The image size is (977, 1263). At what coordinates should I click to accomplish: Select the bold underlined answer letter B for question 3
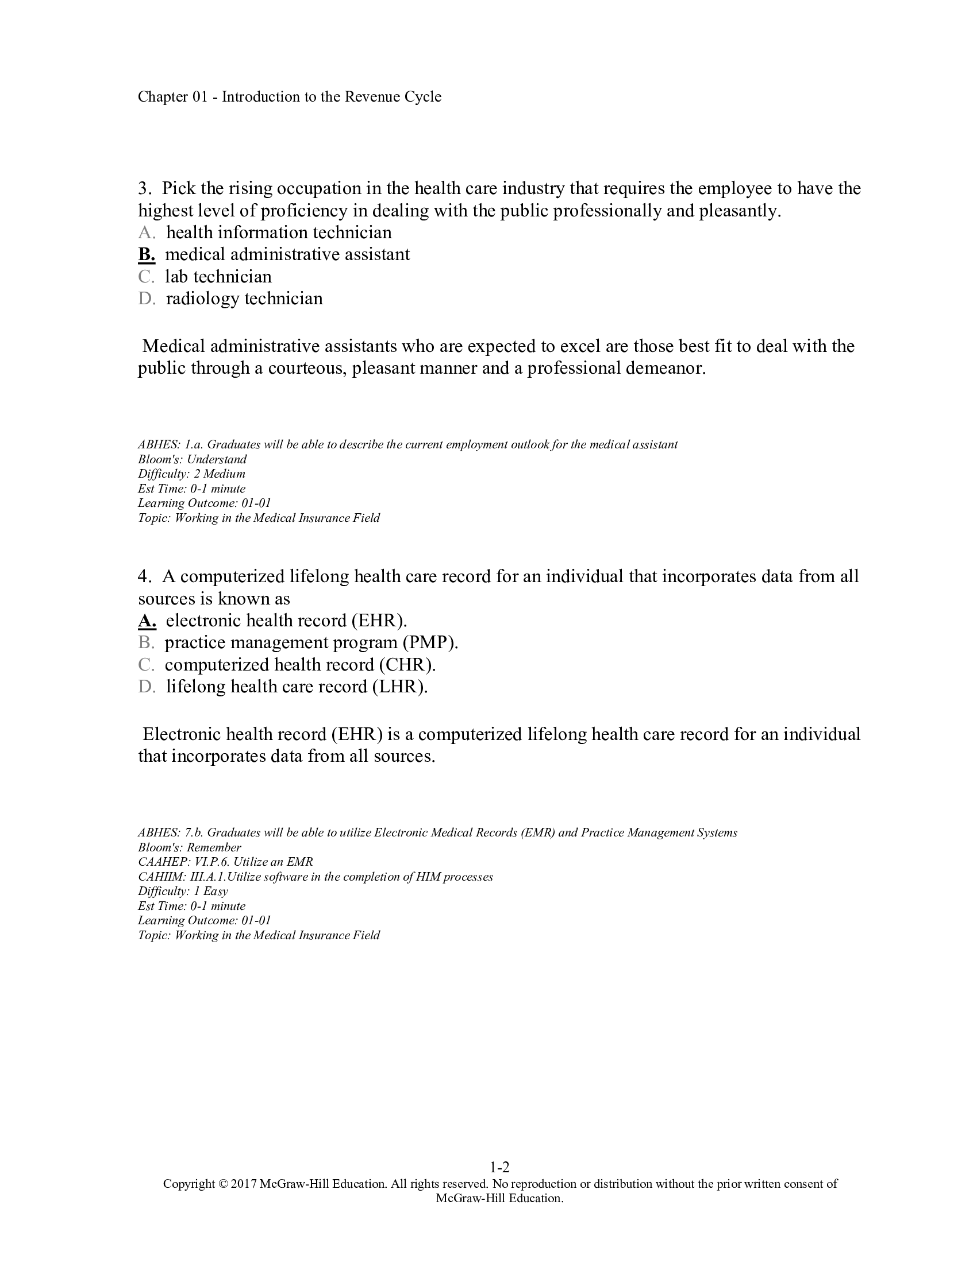[x=147, y=254]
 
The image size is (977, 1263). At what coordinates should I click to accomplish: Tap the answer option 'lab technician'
[x=218, y=277]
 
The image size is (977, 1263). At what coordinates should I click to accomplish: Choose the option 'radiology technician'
[x=244, y=299]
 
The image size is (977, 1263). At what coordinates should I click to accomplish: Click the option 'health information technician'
[x=279, y=233]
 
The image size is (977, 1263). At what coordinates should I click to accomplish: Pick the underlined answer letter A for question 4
[x=147, y=621]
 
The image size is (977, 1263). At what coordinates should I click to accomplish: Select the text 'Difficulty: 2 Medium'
[x=191, y=474]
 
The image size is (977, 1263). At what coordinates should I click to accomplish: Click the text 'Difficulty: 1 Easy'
[x=183, y=891]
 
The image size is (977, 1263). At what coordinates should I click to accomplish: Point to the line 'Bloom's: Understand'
[x=192, y=459]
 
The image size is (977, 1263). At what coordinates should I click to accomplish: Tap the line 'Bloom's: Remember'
[x=189, y=847]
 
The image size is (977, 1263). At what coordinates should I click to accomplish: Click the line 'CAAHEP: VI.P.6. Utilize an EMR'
[x=225, y=862]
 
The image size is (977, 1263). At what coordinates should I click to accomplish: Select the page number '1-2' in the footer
[x=499, y=1167]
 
